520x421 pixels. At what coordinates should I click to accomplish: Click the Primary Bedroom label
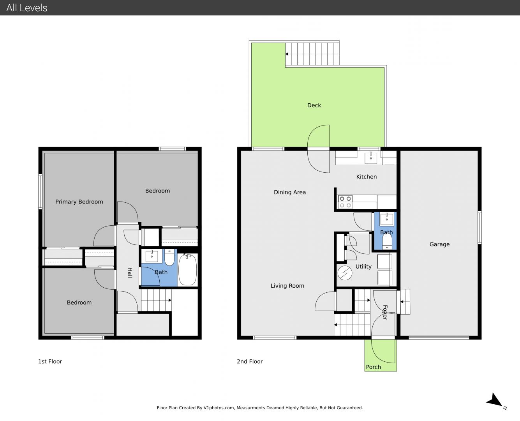(79, 202)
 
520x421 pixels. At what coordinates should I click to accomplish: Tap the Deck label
(314, 105)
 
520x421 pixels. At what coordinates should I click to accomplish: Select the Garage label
(439, 244)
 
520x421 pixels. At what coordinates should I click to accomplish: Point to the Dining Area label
(290, 192)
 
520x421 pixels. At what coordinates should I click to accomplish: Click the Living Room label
(287, 286)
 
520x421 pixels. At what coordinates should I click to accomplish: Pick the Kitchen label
(367, 177)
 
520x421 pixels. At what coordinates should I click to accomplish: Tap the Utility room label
(363, 267)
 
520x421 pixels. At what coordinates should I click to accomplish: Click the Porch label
(373, 367)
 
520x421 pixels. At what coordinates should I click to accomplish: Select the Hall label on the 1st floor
(130, 273)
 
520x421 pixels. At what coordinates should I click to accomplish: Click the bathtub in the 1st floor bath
(187, 269)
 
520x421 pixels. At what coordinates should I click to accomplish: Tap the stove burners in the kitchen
(345, 202)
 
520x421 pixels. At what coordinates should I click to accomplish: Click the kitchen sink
(370, 157)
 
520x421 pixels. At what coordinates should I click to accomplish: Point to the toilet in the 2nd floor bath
(387, 242)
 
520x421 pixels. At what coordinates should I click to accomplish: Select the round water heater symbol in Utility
(345, 273)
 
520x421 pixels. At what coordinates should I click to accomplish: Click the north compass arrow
(494, 401)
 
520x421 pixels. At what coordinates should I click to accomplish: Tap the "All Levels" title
(26, 8)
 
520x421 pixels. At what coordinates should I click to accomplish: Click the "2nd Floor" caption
(250, 361)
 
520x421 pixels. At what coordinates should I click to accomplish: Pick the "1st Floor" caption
(50, 361)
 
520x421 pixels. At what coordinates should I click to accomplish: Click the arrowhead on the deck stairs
(287, 54)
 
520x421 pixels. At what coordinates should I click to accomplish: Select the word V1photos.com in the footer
(219, 408)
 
